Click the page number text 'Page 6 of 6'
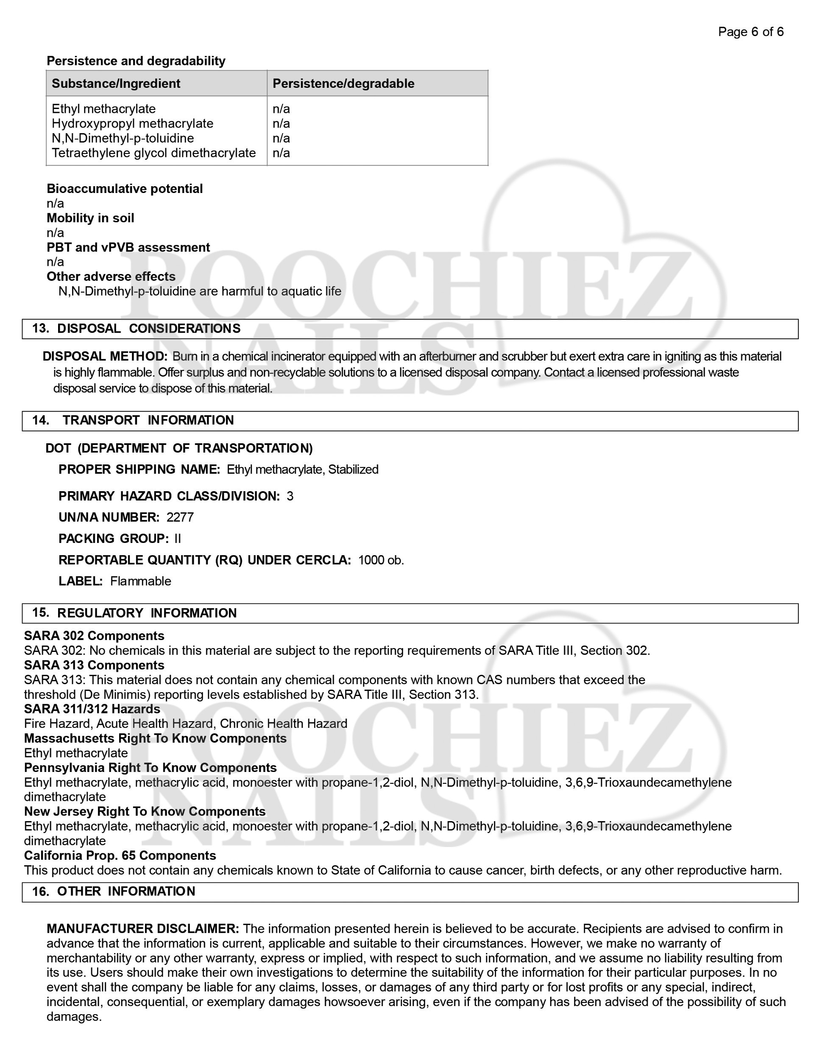coord(750,32)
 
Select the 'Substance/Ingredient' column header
coord(116,84)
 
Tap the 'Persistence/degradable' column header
coord(343,84)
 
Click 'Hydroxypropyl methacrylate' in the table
coord(132,123)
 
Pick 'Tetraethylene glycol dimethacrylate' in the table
coord(153,153)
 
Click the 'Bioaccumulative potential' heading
coord(125,189)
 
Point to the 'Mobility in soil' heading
coord(90,218)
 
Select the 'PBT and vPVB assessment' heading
coord(128,248)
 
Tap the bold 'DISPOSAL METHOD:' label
coord(105,357)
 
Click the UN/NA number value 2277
coord(180,517)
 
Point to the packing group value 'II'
coord(178,539)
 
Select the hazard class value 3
coord(290,496)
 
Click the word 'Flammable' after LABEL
coord(140,581)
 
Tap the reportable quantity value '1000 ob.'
coord(381,560)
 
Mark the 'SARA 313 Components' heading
coord(94,665)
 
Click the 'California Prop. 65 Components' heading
coord(120,856)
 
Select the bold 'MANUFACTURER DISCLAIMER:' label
coord(143,928)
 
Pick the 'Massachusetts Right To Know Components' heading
coord(155,738)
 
